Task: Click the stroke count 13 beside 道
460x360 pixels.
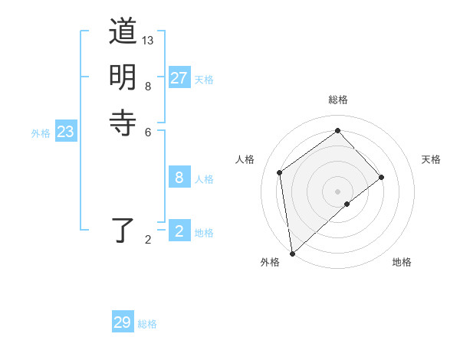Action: click(148, 40)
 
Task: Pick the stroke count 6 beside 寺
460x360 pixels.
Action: click(148, 131)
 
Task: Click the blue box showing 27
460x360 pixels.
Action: click(179, 78)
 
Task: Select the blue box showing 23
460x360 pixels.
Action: click(65, 132)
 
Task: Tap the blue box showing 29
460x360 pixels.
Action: click(122, 322)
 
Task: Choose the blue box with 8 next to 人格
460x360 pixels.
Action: click(179, 178)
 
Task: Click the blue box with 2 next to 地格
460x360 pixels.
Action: click(179, 231)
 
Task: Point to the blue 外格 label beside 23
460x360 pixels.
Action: click(41, 133)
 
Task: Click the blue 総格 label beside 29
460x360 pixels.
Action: click(147, 323)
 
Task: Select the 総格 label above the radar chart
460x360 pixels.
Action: click(337, 100)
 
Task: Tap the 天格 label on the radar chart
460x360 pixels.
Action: click(431, 159)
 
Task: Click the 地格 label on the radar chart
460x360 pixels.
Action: click(402, 262)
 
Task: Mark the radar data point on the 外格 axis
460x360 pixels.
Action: click(292, 253)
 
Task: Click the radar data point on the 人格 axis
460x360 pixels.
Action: click(280, 172)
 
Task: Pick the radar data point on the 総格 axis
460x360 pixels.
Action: click(337, 131)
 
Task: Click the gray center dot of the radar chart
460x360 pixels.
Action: click(337, 191)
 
